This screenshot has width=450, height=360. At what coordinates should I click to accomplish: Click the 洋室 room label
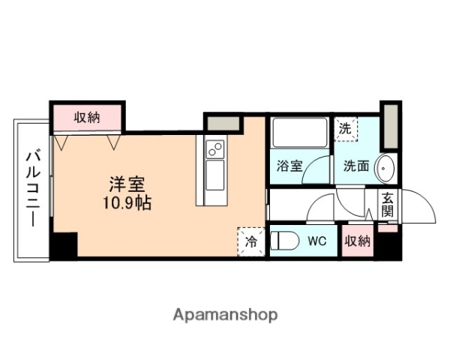point(127,183)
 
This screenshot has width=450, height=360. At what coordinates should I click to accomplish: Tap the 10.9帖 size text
point(127,202)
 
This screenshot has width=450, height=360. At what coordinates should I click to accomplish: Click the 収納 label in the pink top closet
point(87,117)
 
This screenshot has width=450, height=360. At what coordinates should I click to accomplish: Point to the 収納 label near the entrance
point(358,241)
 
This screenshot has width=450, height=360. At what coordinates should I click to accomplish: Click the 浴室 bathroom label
point(289,166)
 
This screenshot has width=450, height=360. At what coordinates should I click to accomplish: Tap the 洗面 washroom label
point(356,166)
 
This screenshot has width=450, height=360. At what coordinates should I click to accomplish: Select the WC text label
point(316,241)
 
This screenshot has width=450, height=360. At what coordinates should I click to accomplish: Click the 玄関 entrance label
point(387,205)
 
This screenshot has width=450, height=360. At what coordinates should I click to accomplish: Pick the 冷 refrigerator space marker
point(250,241)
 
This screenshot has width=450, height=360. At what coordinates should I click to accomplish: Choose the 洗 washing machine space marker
point(345,128)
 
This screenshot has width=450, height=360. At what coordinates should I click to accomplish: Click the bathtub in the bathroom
point(298,133)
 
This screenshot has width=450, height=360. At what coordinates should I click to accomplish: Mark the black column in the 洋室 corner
point(64,246)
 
